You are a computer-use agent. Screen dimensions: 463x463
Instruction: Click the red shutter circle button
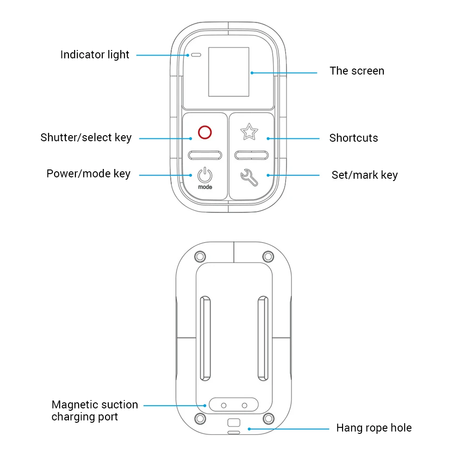pos(205,132)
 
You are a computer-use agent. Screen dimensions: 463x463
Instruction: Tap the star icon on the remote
pos(249,132)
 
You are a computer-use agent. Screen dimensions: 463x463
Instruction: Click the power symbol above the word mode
pos(205,175)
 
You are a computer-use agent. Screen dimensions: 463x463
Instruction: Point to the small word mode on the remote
pos(205,187)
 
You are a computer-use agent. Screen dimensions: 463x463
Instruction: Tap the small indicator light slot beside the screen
pos(196,55)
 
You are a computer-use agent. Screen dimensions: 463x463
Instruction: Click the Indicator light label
pos(95,55)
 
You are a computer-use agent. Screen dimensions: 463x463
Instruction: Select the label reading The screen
pos(357,71)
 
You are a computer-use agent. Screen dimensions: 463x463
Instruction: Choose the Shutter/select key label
pos(86,138)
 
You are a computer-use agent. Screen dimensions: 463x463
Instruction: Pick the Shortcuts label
pos(353,138)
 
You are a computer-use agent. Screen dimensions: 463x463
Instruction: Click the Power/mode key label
pos(88,174)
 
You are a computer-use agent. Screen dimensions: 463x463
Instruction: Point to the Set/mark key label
pos(364,175)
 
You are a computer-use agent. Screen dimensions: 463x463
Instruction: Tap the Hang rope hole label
pos(374,428)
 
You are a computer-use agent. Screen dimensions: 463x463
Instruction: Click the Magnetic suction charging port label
pos(94,411)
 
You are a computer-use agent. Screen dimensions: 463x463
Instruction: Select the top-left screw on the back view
pos(200,256)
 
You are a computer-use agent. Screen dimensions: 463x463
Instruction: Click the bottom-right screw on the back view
pos(268,419)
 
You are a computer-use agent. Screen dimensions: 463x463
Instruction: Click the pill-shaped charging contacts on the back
pos(234,405)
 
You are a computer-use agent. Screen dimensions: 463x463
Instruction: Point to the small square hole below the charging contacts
pos(234,422)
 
